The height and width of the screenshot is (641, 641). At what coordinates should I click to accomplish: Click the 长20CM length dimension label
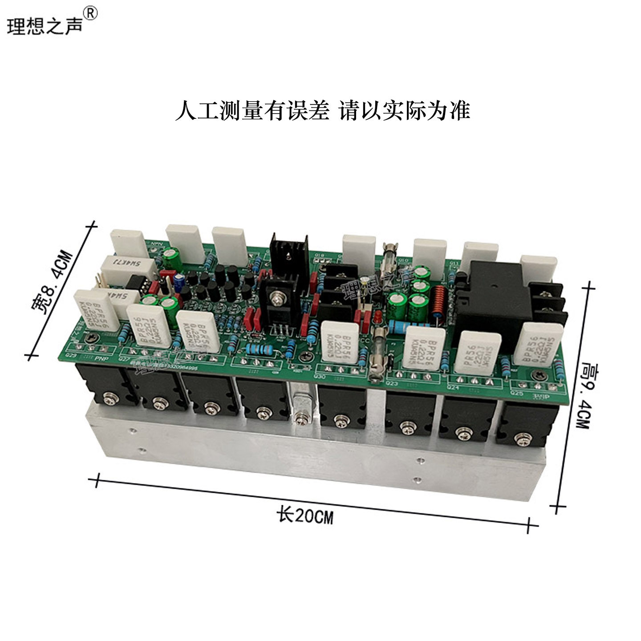click(305, 516)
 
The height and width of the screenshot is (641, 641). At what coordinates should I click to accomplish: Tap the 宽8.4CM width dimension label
click(53, 282)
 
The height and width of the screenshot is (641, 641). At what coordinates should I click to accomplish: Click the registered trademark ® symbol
click(90, 14)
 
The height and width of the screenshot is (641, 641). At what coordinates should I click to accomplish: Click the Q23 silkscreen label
click(392, 383)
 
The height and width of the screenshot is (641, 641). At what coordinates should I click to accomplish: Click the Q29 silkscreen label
click(71, 356)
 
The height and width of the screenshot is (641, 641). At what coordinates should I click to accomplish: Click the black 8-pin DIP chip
click(135, 283)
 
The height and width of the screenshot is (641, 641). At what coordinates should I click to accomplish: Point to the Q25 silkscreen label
click(517, 393)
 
